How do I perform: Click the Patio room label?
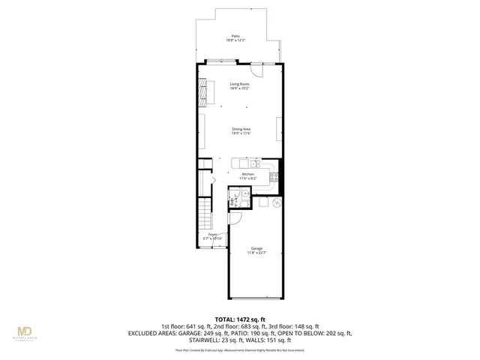point(236,35)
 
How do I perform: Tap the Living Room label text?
point(240,84)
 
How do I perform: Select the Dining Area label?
point(241,129)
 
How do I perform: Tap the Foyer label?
point(212,234)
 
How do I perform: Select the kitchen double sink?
point(254,163)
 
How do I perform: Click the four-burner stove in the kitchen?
point(275,178)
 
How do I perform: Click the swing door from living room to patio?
point(256,69)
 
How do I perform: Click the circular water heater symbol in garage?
point(275,202)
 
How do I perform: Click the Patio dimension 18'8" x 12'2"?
point(236,40)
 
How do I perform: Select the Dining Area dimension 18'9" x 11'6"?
point(241,133)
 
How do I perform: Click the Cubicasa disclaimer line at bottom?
point(240,349)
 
